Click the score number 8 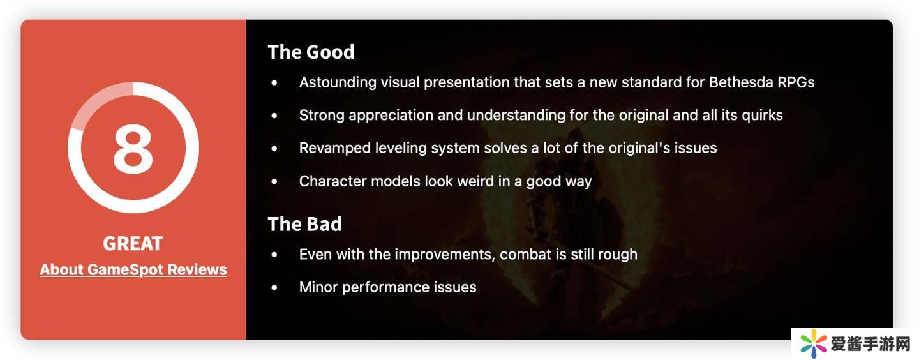click(x=133, y=148)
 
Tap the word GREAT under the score click(x=133, y=243)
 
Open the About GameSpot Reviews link click(x=133, y=270)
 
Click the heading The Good click(x=311, y=52)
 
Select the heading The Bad click(x=305, y=224)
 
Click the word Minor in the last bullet click(x=318, y=287)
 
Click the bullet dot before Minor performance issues click(x=274, y=288)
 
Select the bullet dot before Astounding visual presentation click(x=274, y=83)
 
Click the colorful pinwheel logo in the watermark click(x=814, y=343)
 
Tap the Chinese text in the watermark click(x=870, y=344)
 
